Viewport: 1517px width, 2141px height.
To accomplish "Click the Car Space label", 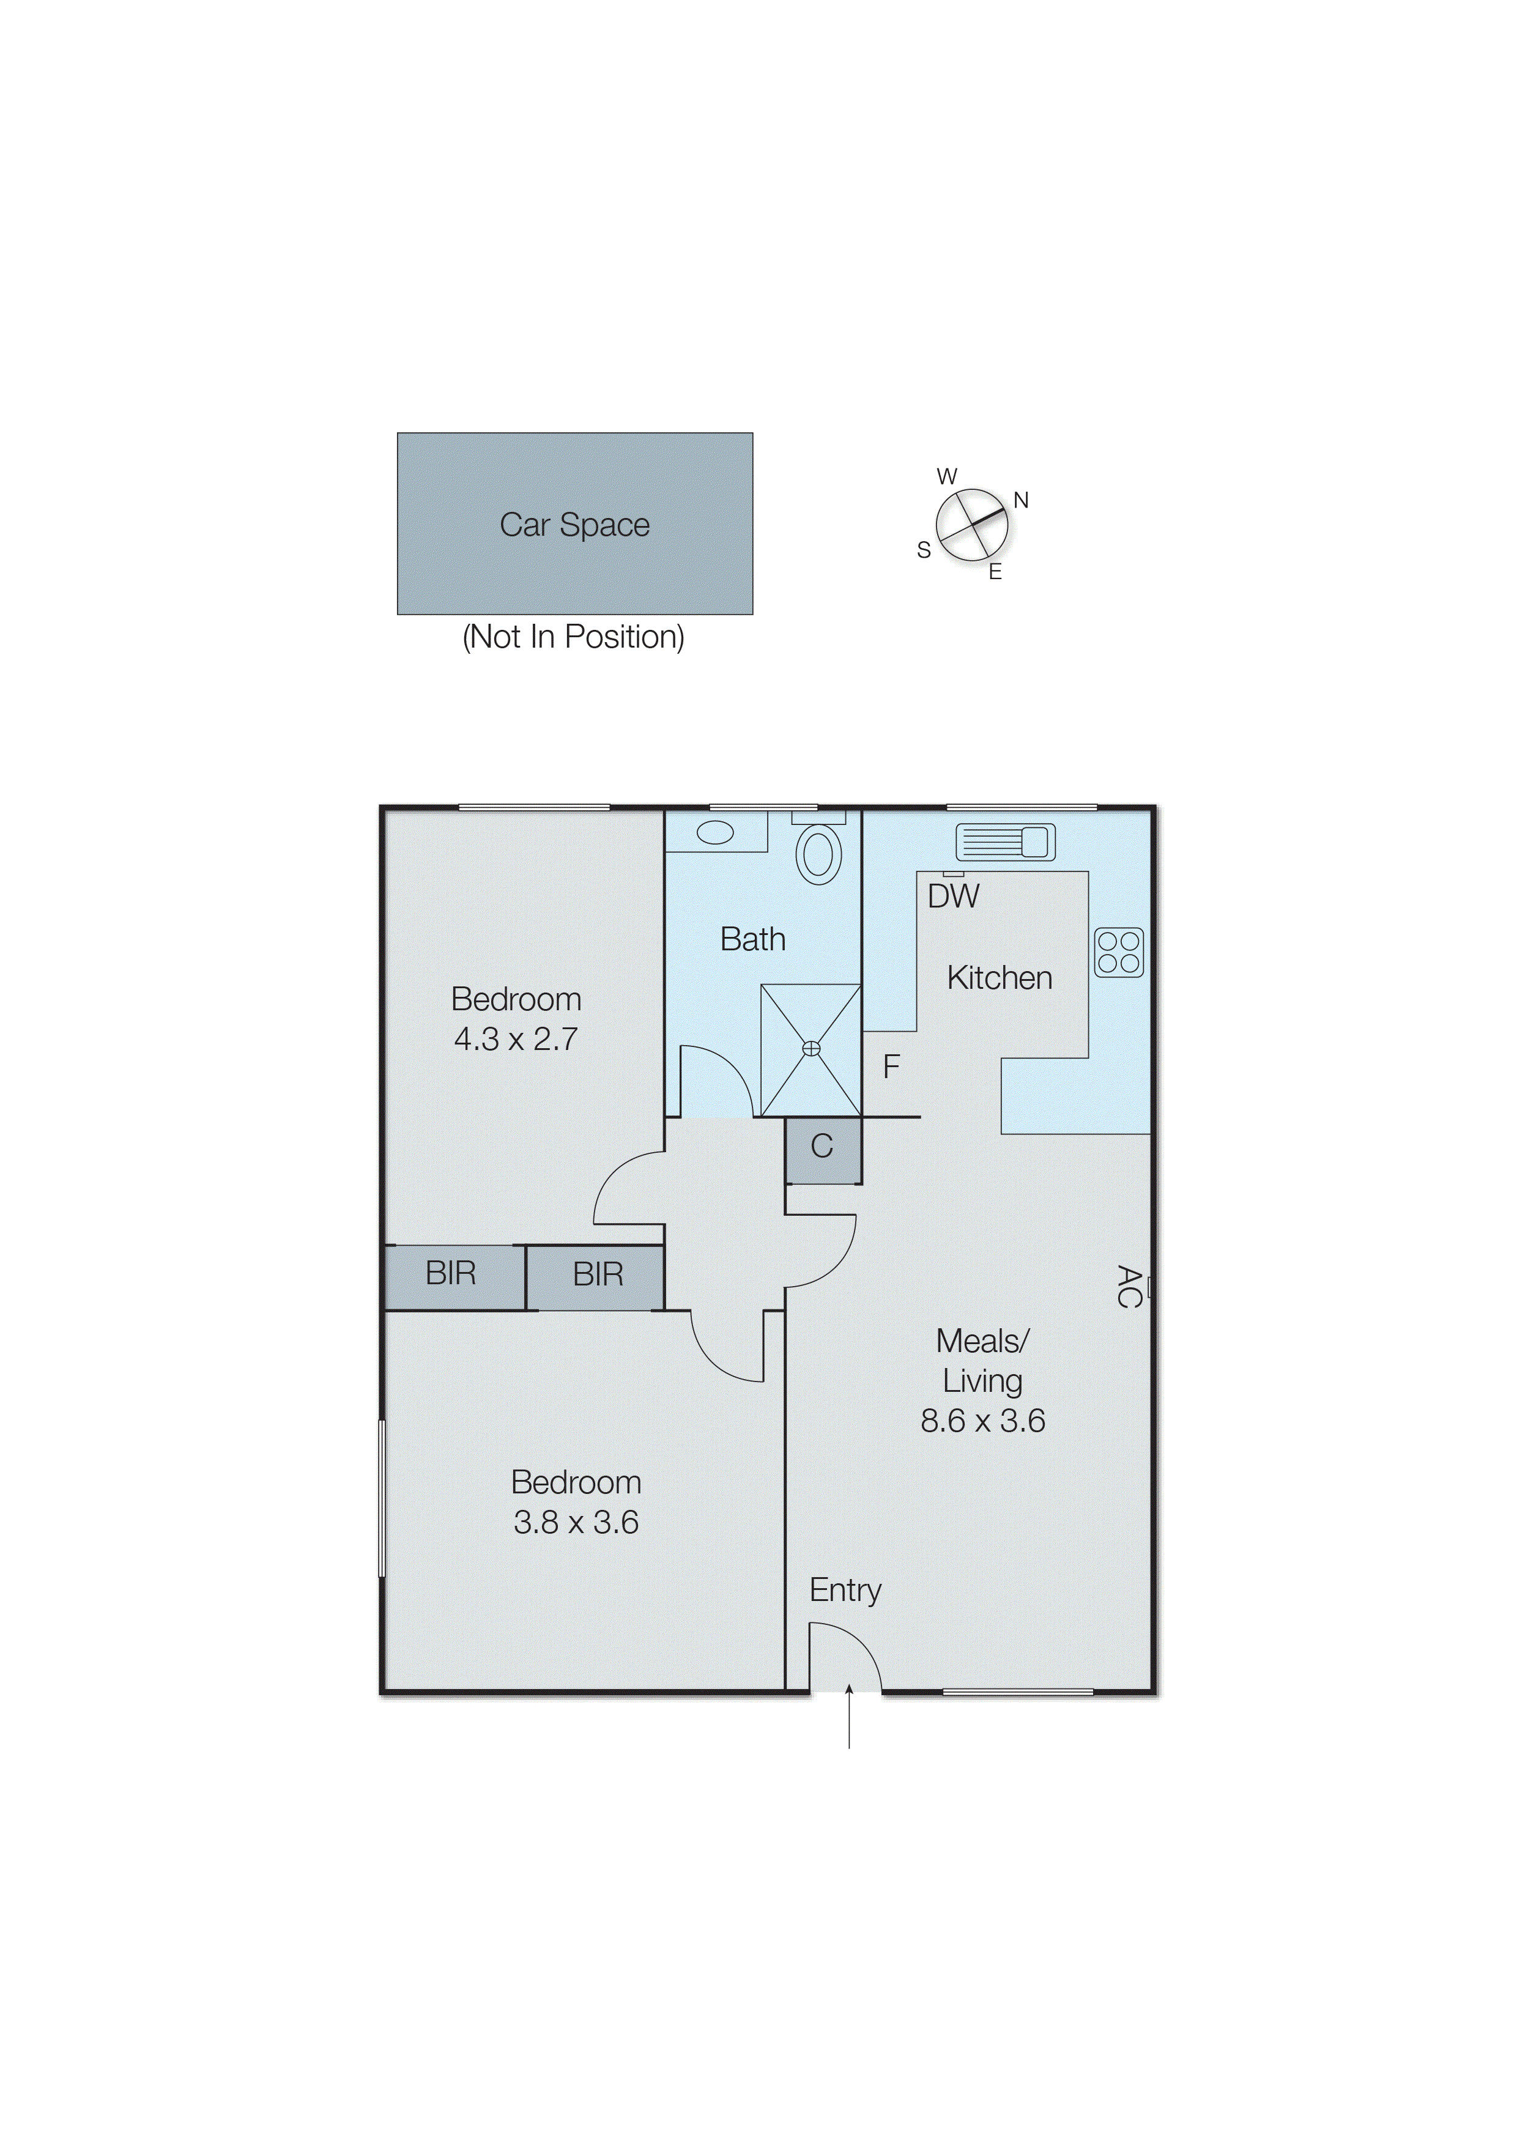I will pyautogui.click(x=574, y=525).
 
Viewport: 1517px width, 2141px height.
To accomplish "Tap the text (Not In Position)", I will pyautogui.click(x=574, y=637).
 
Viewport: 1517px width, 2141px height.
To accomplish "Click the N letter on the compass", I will pyautogui.click(x=1021, y=500).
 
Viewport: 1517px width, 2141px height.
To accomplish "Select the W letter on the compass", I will pyautogui.click(x=947, y=476).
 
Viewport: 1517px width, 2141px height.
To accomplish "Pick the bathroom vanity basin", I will pyautogui.click(x=716, y=832).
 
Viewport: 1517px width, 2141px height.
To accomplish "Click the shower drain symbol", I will pyautogui.click(x=811, y=1049).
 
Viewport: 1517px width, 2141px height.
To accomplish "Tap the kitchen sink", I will pyautogui.click(x=1005, y=842).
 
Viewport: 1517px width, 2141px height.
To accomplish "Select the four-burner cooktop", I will pyautogui.click(x=1118, y=952).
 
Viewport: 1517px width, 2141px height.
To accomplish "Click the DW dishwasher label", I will pyautogui.click(x=953, y=897).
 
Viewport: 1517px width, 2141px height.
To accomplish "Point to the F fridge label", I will pyautogui.click(x=891, y=1067).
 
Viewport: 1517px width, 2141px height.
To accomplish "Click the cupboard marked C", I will pyautogui.click(x=822, y=1147).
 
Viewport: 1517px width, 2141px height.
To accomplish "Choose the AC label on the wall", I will pyautogui.click(x=1129, y=1287).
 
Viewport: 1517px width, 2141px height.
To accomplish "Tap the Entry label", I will pyautogui.click(x=845, y=1590).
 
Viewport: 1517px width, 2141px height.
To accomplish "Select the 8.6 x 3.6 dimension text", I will pyautogui.click(x=983, y=1421).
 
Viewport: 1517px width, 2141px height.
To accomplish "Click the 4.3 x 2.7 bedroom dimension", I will pyautogui.click(x=516, y=1039).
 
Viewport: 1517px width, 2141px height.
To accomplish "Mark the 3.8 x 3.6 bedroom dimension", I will pyautogui.click(x=576, y=1523).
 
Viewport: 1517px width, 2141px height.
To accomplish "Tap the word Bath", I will pyautogui.click(x=753, y=939).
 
